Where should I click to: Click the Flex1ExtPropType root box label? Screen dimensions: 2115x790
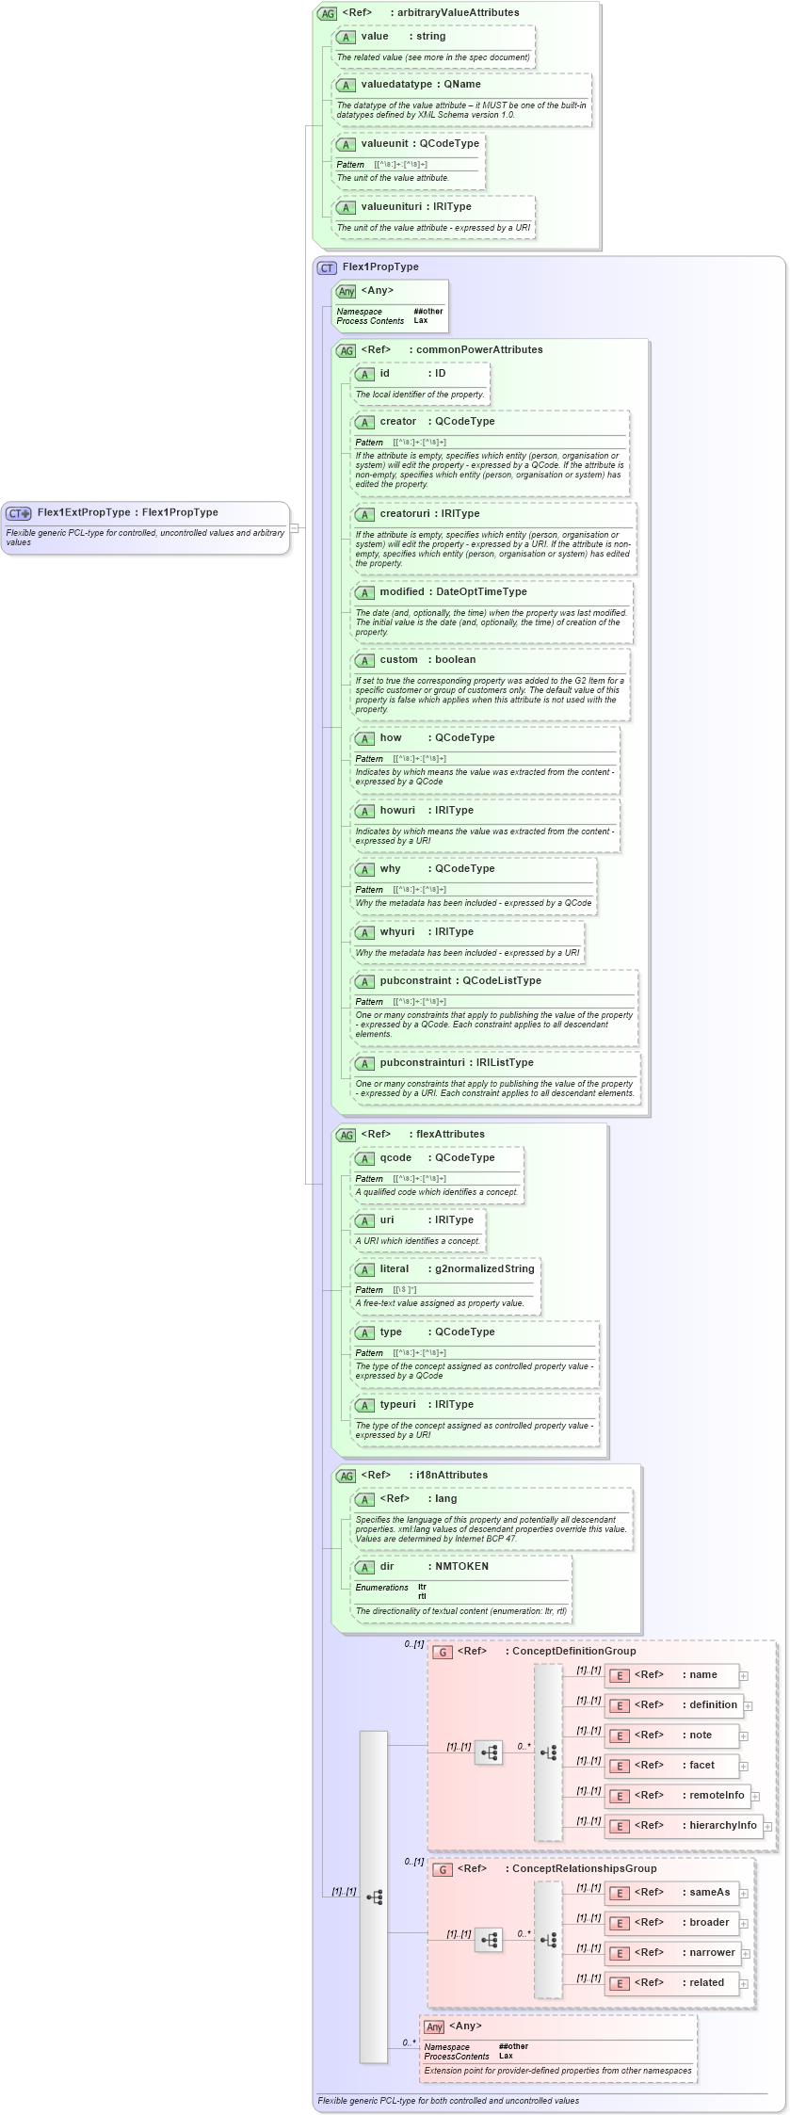pyautogui.click(x=127, y=513)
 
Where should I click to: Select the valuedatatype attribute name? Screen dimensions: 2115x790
pyautogui.click(x=395, y=85)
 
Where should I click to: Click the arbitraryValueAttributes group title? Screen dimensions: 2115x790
pyautogui.click(x=468, y=13)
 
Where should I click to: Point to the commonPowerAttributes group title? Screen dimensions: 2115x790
pyautogui.click(x=479, y=350)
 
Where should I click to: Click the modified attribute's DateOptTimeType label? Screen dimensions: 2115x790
pyautogui.click(x=481, y=592)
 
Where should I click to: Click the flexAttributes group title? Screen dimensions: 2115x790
pyautogui.click(x=450, y=1135)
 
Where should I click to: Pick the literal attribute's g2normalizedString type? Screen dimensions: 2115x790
pyautogui.click(x=484, y=1269)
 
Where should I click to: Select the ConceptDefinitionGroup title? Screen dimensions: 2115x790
pyautogui.click(x=573, y=1651)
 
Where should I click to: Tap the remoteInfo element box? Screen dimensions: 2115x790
pyautogui.click(x=676, y=1796)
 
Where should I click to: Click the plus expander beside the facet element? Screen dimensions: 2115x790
pyautogui.click(x=743, y=1767)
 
